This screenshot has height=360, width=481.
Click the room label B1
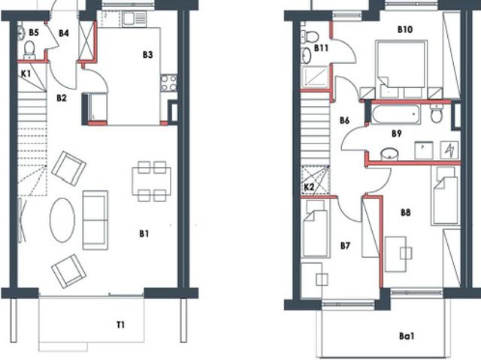point(144,234)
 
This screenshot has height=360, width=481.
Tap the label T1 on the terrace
point(120,325)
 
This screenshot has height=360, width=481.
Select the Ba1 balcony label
point(407,336)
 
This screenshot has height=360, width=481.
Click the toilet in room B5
point(29,50)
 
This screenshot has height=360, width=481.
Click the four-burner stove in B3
point(168,83)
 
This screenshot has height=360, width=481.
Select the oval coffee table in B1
point(62,220)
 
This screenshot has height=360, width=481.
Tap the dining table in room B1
point(152,181)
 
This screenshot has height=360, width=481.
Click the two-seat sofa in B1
point(95,220)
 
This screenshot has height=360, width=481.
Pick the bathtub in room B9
point(395,114)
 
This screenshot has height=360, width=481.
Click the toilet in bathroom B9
point(436,113)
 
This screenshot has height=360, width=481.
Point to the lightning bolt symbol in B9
point(449,150)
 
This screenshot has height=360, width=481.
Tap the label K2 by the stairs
point(309,186)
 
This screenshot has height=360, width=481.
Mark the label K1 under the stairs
point(26,74)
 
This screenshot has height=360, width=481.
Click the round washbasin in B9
point(389,153)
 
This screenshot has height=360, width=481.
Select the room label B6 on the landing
point(344,120)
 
